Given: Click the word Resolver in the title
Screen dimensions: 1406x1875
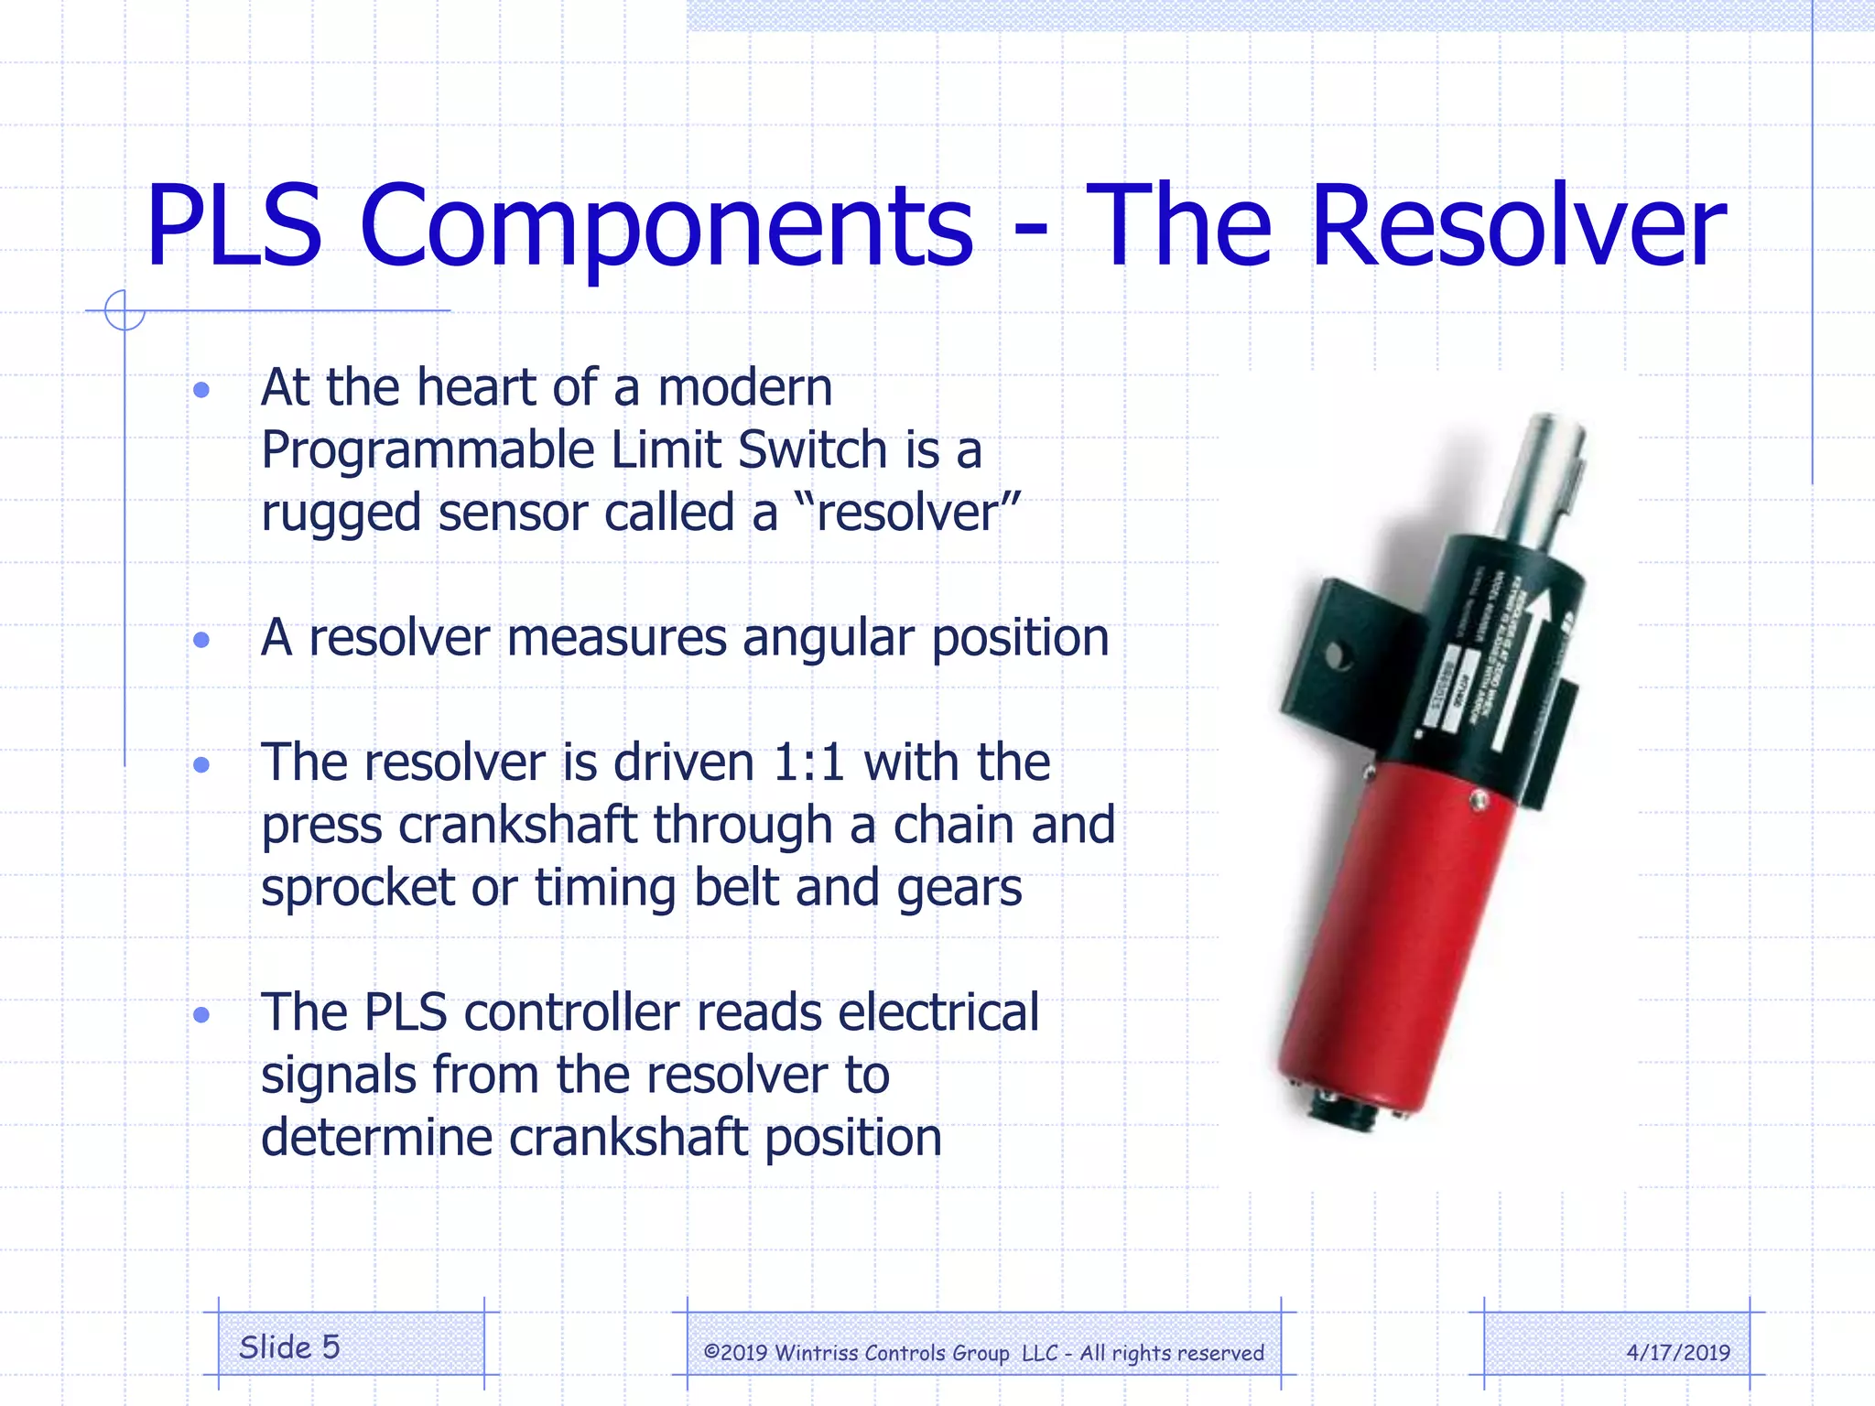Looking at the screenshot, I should pyautogui.click(x=1518, y=227).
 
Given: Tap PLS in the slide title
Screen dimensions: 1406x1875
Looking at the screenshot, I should pyautogui.click(x=234, y=227).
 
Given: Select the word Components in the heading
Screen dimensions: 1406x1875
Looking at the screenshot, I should pyautogui.click(x=667, y=227).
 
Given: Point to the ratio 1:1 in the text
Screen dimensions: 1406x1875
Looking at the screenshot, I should pyautogui.click(x=808, y=762).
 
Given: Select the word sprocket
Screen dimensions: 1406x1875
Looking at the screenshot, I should pyautogui.click(x=358, y=888).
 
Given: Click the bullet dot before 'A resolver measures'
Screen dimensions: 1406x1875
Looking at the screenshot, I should pyautogui.click(x=202, y=640).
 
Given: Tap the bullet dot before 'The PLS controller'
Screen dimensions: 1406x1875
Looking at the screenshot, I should pyautogui.click(x=202, y=1015).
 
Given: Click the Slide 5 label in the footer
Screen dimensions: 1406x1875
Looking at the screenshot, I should pyautogui.click(x=289, y=1347).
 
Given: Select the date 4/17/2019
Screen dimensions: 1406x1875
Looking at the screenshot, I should pyautogui.click(x=1678, y=1353).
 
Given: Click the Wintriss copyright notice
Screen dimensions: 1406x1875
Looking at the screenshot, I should pyautogui.click(x=983, y=1353).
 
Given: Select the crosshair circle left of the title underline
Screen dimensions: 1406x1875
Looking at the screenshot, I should pyautogui.click(x=125, y=310).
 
